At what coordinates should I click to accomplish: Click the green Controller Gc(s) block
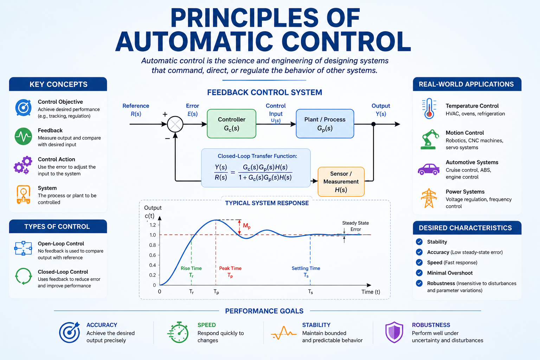231,124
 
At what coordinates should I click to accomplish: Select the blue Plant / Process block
325,124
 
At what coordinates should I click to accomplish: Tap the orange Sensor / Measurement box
341,181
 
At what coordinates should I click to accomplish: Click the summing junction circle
175,124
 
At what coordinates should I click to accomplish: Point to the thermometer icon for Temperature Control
429,109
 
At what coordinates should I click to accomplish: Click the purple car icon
429,169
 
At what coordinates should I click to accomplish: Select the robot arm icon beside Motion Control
429,139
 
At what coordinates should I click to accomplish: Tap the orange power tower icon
429,198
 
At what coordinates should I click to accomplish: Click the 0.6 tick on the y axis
153,255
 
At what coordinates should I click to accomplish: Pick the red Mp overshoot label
246,226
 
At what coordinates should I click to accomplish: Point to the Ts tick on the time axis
310,292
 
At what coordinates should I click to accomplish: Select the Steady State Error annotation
355,226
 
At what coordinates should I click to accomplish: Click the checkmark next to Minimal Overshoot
419,273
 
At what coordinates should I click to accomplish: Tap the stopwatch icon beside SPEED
178,332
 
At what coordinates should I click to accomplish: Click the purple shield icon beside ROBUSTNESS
394,332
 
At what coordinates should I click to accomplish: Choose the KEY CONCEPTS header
58,84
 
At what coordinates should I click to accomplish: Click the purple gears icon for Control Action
23,165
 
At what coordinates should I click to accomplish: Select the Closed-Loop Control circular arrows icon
24,276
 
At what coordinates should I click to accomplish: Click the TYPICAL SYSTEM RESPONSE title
267,203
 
